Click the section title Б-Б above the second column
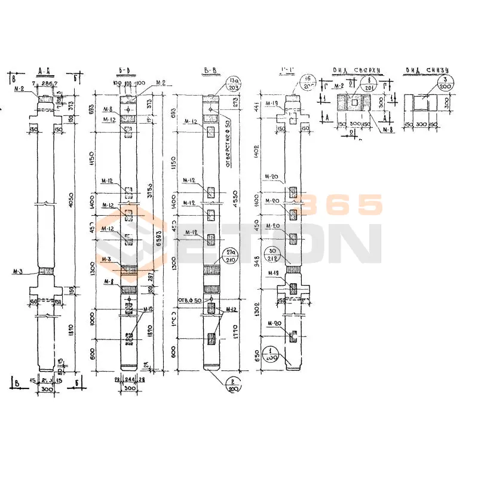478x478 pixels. (125, 71)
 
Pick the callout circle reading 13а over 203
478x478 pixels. (233, 83)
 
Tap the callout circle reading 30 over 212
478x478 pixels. (290, 255)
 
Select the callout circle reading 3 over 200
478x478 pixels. (445, 83)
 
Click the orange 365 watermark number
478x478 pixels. (341, 205)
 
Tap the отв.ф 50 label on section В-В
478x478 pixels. (190, 299)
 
